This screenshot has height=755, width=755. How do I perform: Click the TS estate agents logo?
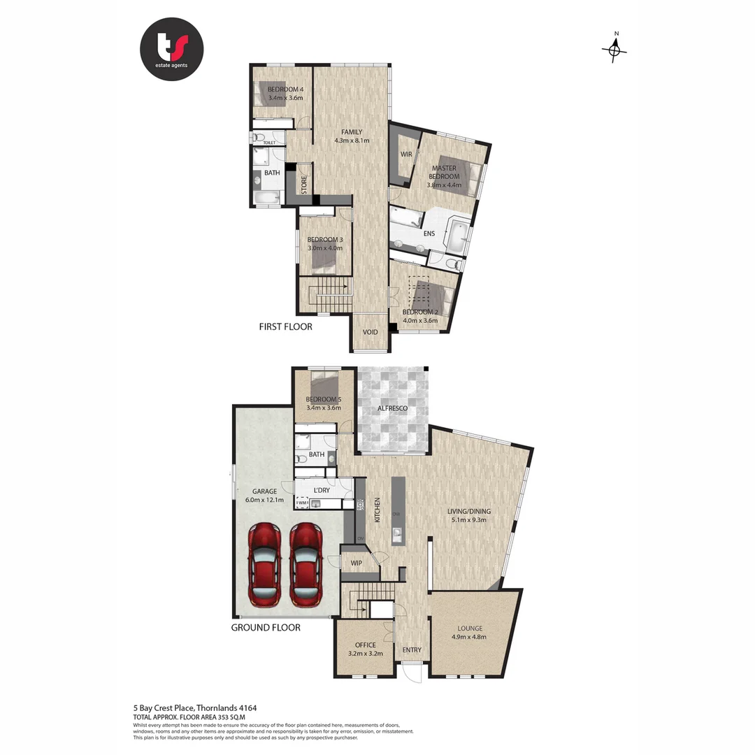171,49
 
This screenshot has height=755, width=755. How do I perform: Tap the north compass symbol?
614,49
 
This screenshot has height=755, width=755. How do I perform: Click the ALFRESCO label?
391,408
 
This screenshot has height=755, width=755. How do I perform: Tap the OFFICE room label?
365,645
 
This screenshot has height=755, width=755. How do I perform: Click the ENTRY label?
412,649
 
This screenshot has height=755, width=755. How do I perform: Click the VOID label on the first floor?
370,332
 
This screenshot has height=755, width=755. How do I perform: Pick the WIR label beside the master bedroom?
405,154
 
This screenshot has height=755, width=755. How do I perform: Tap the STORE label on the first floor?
304,185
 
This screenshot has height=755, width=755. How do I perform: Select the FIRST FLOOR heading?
285,326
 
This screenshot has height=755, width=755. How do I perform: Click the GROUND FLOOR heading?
266,628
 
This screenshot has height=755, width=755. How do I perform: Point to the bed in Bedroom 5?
325,383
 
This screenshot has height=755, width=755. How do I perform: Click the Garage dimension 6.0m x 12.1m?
265,500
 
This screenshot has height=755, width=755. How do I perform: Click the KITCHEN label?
377,510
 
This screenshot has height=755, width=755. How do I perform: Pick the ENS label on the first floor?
429,233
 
